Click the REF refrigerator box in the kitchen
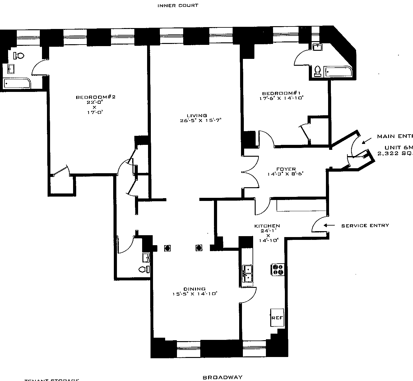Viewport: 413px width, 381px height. coord(277,318)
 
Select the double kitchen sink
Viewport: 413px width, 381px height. coord(248,273)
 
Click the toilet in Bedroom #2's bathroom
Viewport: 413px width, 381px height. coord(19,55)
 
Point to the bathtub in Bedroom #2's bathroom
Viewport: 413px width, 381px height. coord(17,83)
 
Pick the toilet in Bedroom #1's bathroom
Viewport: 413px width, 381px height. coord(318,71)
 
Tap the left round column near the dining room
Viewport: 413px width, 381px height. coord(168,248)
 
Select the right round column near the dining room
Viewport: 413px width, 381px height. coord(199,248)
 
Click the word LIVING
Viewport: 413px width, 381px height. coord(197,116)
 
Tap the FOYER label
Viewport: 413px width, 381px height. coord(286,169)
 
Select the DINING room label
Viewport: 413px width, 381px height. coord(194,289)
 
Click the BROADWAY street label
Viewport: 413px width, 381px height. coord(222,378)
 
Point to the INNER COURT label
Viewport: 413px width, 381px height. coord(178,5)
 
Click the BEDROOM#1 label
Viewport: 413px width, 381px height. coord(282,93)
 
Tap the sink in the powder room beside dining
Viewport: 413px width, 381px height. coord(146,258)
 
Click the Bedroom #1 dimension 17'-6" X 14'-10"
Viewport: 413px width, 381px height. coord(281,98)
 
